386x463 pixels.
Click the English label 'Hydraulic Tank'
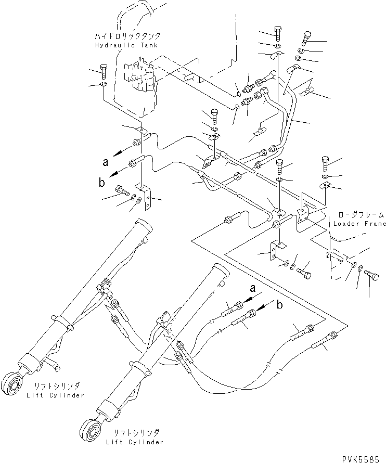126,45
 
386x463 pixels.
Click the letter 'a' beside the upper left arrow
106,161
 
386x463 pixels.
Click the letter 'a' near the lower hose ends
253,288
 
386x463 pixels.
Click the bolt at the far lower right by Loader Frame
372,274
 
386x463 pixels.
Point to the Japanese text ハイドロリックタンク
126,36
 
